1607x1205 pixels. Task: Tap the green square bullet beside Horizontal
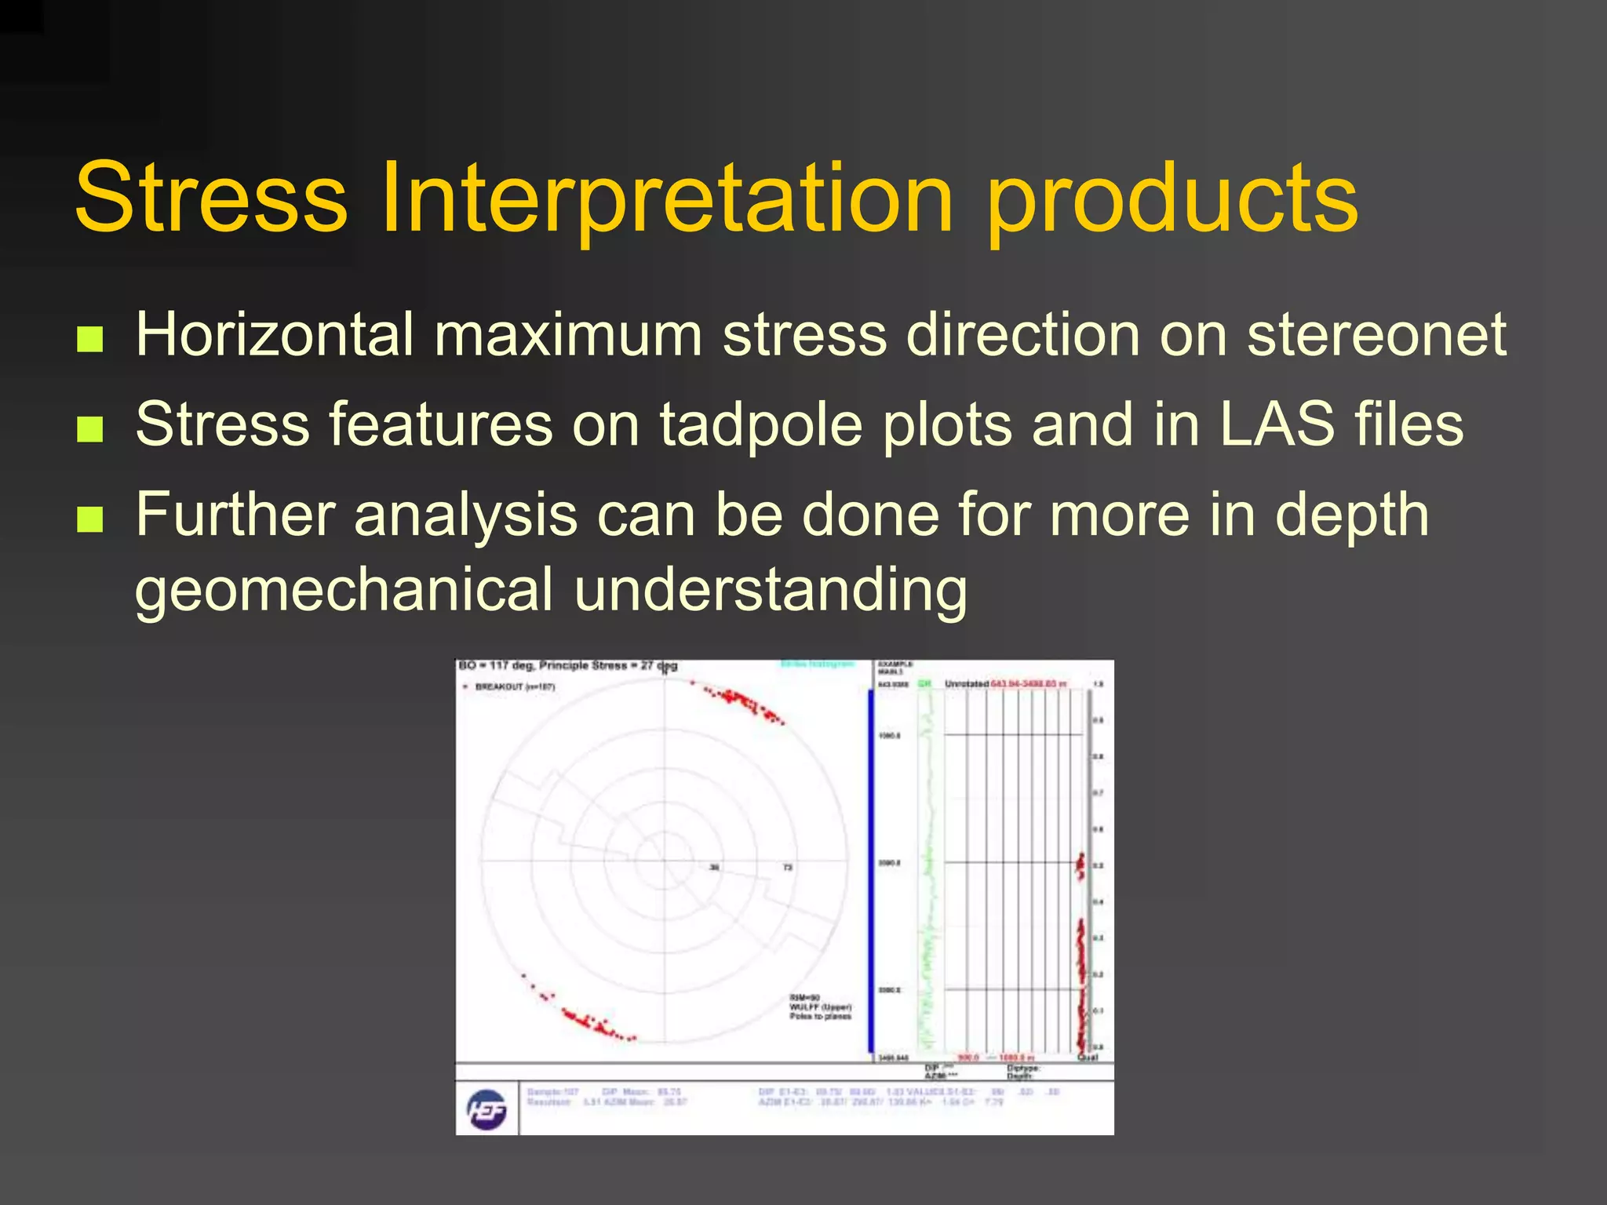(x=90, y=339)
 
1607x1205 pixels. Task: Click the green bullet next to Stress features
(x=90, y=429)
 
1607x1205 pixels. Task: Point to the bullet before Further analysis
(x=90, y=519)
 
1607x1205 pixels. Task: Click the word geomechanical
(x=344, y=590)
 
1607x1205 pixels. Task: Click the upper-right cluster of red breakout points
(x=742, y=702)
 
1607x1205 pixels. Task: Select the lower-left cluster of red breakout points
(x=589, y=1020)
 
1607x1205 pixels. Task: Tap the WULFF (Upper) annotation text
(x=820, y=1007)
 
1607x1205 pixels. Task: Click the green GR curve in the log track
(x=930, y=863)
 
